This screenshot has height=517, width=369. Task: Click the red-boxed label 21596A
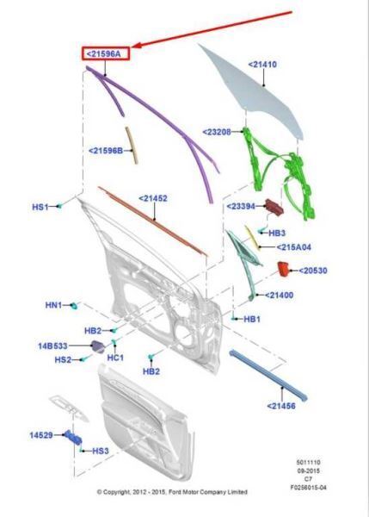pyautogui.click(x=106, y=53)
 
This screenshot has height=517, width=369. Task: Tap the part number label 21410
pyautogui.click(x=262, y=65)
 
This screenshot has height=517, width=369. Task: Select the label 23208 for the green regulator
pyautogui.click(x=217, y=132)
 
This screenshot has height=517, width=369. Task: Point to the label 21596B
pyautogui.click(x=106, y=151)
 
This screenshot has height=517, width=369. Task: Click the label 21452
pyautogui.click(x=153, y=198)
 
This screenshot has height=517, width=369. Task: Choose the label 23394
pyautogui.click(x=241, y=207)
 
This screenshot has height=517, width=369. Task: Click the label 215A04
pyautogui.click(x=294, y=247)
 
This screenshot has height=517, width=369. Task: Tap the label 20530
pyautogui.click(x=313, y=271)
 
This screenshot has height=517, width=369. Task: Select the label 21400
pyautogui.click(x=280, y=295)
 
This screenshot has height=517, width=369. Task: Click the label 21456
pyautogui.click(x=281, y=406)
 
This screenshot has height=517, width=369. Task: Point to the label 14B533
pyautogui.click(x=52, y=346)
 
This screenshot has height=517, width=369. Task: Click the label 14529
pyautogui.click(x=41, y=435)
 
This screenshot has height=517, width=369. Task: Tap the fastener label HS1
pyautogui.click(x=40, y=207)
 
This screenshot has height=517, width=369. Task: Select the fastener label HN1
pyautogui.click(x=53, y=305)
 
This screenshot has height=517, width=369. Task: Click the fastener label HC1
pyautogui.click(x=115, y=358)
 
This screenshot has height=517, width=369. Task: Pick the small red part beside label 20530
pyautogui.click(x=283, y=269)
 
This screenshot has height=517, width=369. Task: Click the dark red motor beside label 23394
pyautogui.click(x=274, y=207)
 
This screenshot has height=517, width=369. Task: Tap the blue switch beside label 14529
pyautogui.click(x=73, y=438)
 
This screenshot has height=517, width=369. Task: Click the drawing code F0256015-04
pyautogui.click(x=309, y=487)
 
